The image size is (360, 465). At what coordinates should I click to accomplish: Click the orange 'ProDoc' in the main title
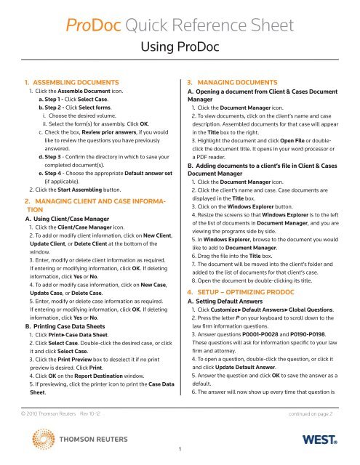pos(91,28)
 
